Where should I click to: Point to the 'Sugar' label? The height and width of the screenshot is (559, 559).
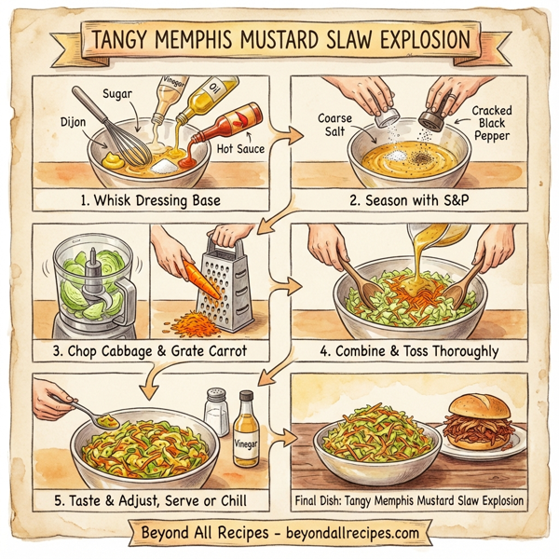[x=120, y=94]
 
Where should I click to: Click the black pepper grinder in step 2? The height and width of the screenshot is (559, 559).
[x=429, y=117]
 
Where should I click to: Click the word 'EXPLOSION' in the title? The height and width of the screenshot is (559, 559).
[x=414, y=39]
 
